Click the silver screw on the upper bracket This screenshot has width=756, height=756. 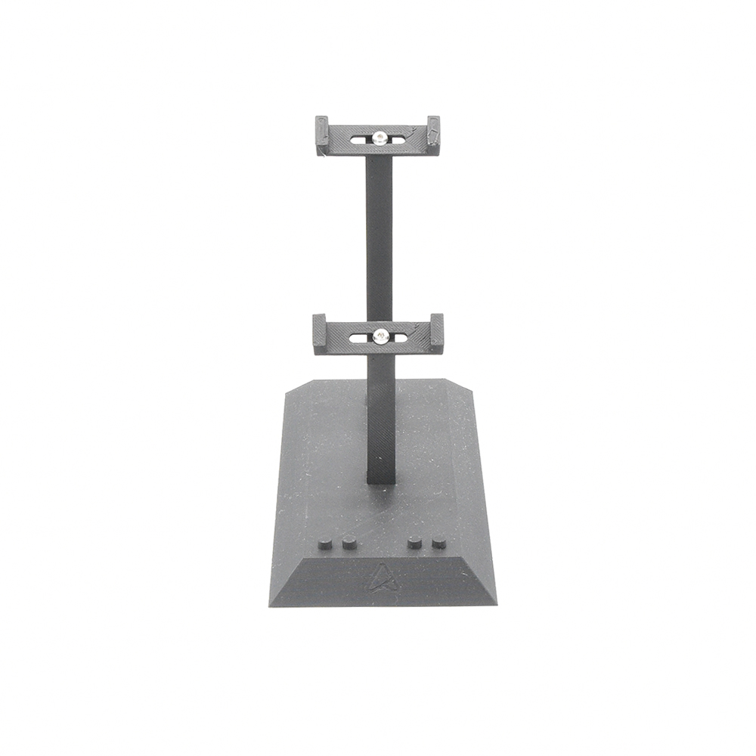379,137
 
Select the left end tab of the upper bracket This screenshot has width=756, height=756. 321,135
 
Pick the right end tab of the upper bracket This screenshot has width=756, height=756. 433,133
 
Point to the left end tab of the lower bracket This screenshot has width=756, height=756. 319,333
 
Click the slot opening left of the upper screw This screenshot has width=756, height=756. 358,138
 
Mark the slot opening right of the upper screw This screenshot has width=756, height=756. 398,138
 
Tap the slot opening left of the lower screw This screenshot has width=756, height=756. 359,336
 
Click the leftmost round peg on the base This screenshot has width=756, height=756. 324,542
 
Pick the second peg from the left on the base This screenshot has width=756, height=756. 349,542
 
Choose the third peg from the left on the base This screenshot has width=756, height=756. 414,541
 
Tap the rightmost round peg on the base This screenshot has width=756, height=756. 438,541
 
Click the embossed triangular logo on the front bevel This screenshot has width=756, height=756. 382,579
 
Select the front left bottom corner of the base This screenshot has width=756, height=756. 270,606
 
